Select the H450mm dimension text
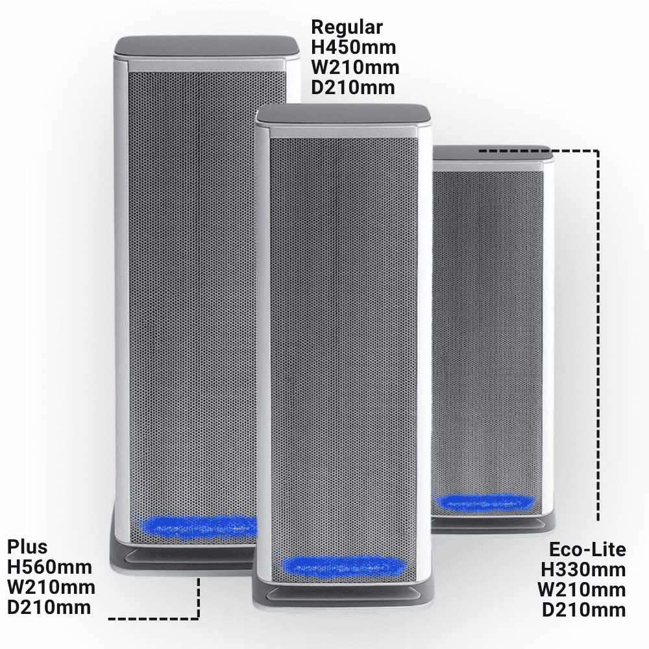tap(354, 47)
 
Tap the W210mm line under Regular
tap(355, 67)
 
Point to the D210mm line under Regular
tap(352, 88)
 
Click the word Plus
tap(27, 546)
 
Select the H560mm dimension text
tap(50, 567)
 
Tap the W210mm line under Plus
tap(51, 587)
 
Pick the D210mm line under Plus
tap(49, 607)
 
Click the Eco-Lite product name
tap(587, 550)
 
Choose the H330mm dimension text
tap(583, 570)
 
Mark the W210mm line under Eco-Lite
tap(582, 590)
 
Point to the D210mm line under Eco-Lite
tap(584, 609)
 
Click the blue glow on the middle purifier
tap(343, 566)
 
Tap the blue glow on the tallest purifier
tap(198, 527)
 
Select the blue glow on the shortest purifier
tap(485, 502)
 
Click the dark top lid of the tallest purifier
tap(207, 45)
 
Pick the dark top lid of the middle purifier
tap(343, 114)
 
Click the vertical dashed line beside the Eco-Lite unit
tap(598, 336)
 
